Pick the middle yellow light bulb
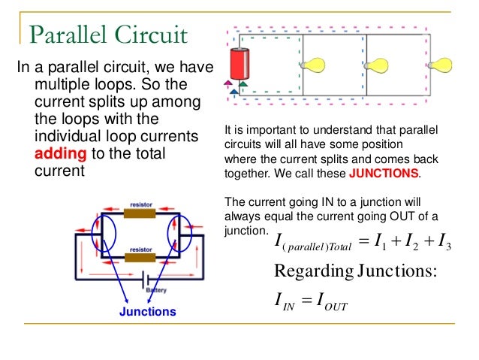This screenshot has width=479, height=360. [x=376, y=65]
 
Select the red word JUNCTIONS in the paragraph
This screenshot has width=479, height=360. [x=384, y=172]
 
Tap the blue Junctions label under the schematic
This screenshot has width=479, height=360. [x=148, y=311]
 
